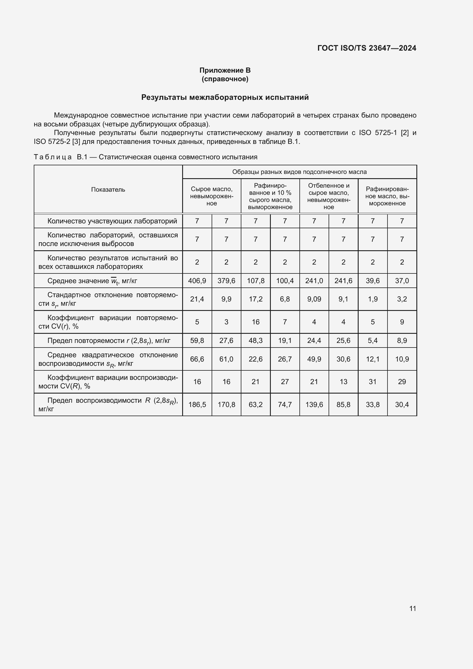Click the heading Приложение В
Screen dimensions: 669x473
point(225,70)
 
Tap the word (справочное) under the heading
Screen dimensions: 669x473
point(225,79)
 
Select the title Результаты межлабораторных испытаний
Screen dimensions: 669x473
point(225,97)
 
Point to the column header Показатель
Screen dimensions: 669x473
point(108,190)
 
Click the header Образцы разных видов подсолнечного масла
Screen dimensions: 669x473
point(299,172)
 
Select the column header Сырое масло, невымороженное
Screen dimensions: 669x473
point(211,196)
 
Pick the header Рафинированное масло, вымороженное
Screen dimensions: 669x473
point(387,196)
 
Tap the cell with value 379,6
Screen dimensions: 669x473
point(226,281)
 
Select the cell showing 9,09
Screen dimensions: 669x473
point(314,299)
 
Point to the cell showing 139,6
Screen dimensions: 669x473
point(314,404)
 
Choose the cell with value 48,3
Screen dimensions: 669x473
point(255,340)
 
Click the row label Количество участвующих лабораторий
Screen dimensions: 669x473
point(112,221)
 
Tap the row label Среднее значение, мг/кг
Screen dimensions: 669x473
point(92,281)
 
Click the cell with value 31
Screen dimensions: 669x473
point(373,382)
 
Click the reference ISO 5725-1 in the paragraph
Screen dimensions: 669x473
point(377,133)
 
